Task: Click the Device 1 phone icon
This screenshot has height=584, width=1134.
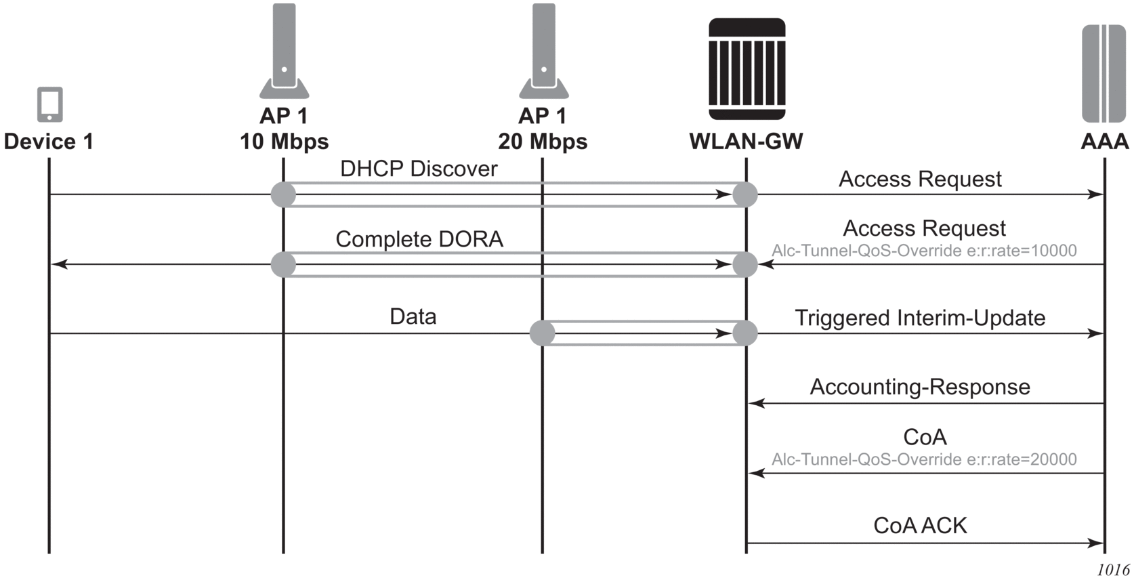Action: point(49,104)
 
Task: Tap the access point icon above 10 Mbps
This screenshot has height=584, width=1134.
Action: point(285,51)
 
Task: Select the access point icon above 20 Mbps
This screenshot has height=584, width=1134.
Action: point(544,51)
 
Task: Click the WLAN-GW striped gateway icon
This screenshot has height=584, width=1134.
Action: point(747,69)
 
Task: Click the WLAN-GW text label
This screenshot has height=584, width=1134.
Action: point(746,142)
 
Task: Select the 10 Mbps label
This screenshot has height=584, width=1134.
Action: point(284,142)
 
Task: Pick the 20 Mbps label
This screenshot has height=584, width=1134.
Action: point(543,142)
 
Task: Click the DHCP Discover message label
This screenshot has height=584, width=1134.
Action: point(419,169)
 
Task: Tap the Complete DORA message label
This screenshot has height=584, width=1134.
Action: point(419,239)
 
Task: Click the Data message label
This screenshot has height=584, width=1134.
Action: point(413,316)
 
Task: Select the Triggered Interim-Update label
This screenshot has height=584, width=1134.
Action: point(920,318)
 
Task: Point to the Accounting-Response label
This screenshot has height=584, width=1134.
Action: point(920,387)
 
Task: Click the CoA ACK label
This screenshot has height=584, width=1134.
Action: point(920,526)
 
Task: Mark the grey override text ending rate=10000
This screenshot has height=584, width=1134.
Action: point(924,251)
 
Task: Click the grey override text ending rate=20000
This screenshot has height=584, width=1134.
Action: point(924,459)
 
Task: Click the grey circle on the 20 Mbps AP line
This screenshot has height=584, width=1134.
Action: point(542,333)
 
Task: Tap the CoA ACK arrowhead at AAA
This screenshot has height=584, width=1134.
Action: point(1096,543)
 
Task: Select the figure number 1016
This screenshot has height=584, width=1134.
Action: point(1113,570)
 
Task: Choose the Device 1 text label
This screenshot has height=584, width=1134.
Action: point(48,142)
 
